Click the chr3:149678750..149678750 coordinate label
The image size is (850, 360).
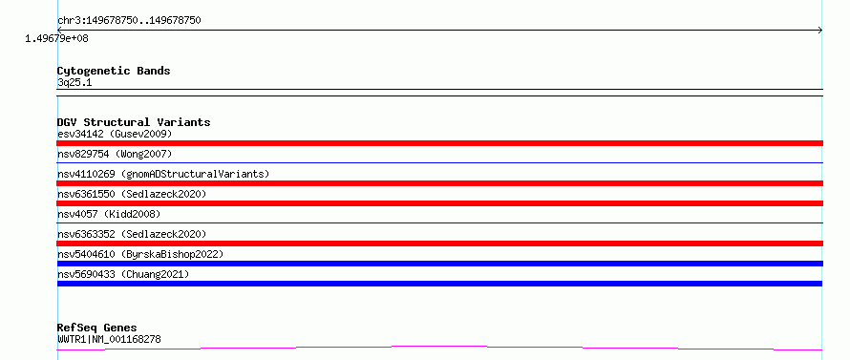click(129, 21)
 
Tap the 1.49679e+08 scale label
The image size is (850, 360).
click(56, 39)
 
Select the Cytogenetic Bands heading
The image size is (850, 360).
click(114, 71)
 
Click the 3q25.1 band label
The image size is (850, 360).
click(74, 83)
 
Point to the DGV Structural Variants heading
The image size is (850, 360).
click(134, 122)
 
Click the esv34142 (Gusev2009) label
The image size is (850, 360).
click(115, 134)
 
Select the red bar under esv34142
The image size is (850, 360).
click(439, 143)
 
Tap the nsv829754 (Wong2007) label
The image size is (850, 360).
click(115, 154)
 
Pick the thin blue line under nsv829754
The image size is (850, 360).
click(439, 162)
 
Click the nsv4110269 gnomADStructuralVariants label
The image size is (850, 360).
click(163, 174)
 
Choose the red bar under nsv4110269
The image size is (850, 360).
click(439, 183)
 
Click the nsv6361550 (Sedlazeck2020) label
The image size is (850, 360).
click(132, 194)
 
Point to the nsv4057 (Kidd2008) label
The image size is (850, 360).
click(109, 214)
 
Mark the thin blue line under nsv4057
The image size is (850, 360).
click(439, 222)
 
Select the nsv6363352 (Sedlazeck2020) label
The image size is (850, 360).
click(132, 234)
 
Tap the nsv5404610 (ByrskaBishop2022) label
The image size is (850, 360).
click(140, 254)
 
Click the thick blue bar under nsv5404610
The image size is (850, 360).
click(439, 264)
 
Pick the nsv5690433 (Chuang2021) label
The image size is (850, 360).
click(123, 274)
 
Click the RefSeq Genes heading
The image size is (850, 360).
click(97, 328)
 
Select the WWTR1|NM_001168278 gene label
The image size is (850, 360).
click(109, 340)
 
